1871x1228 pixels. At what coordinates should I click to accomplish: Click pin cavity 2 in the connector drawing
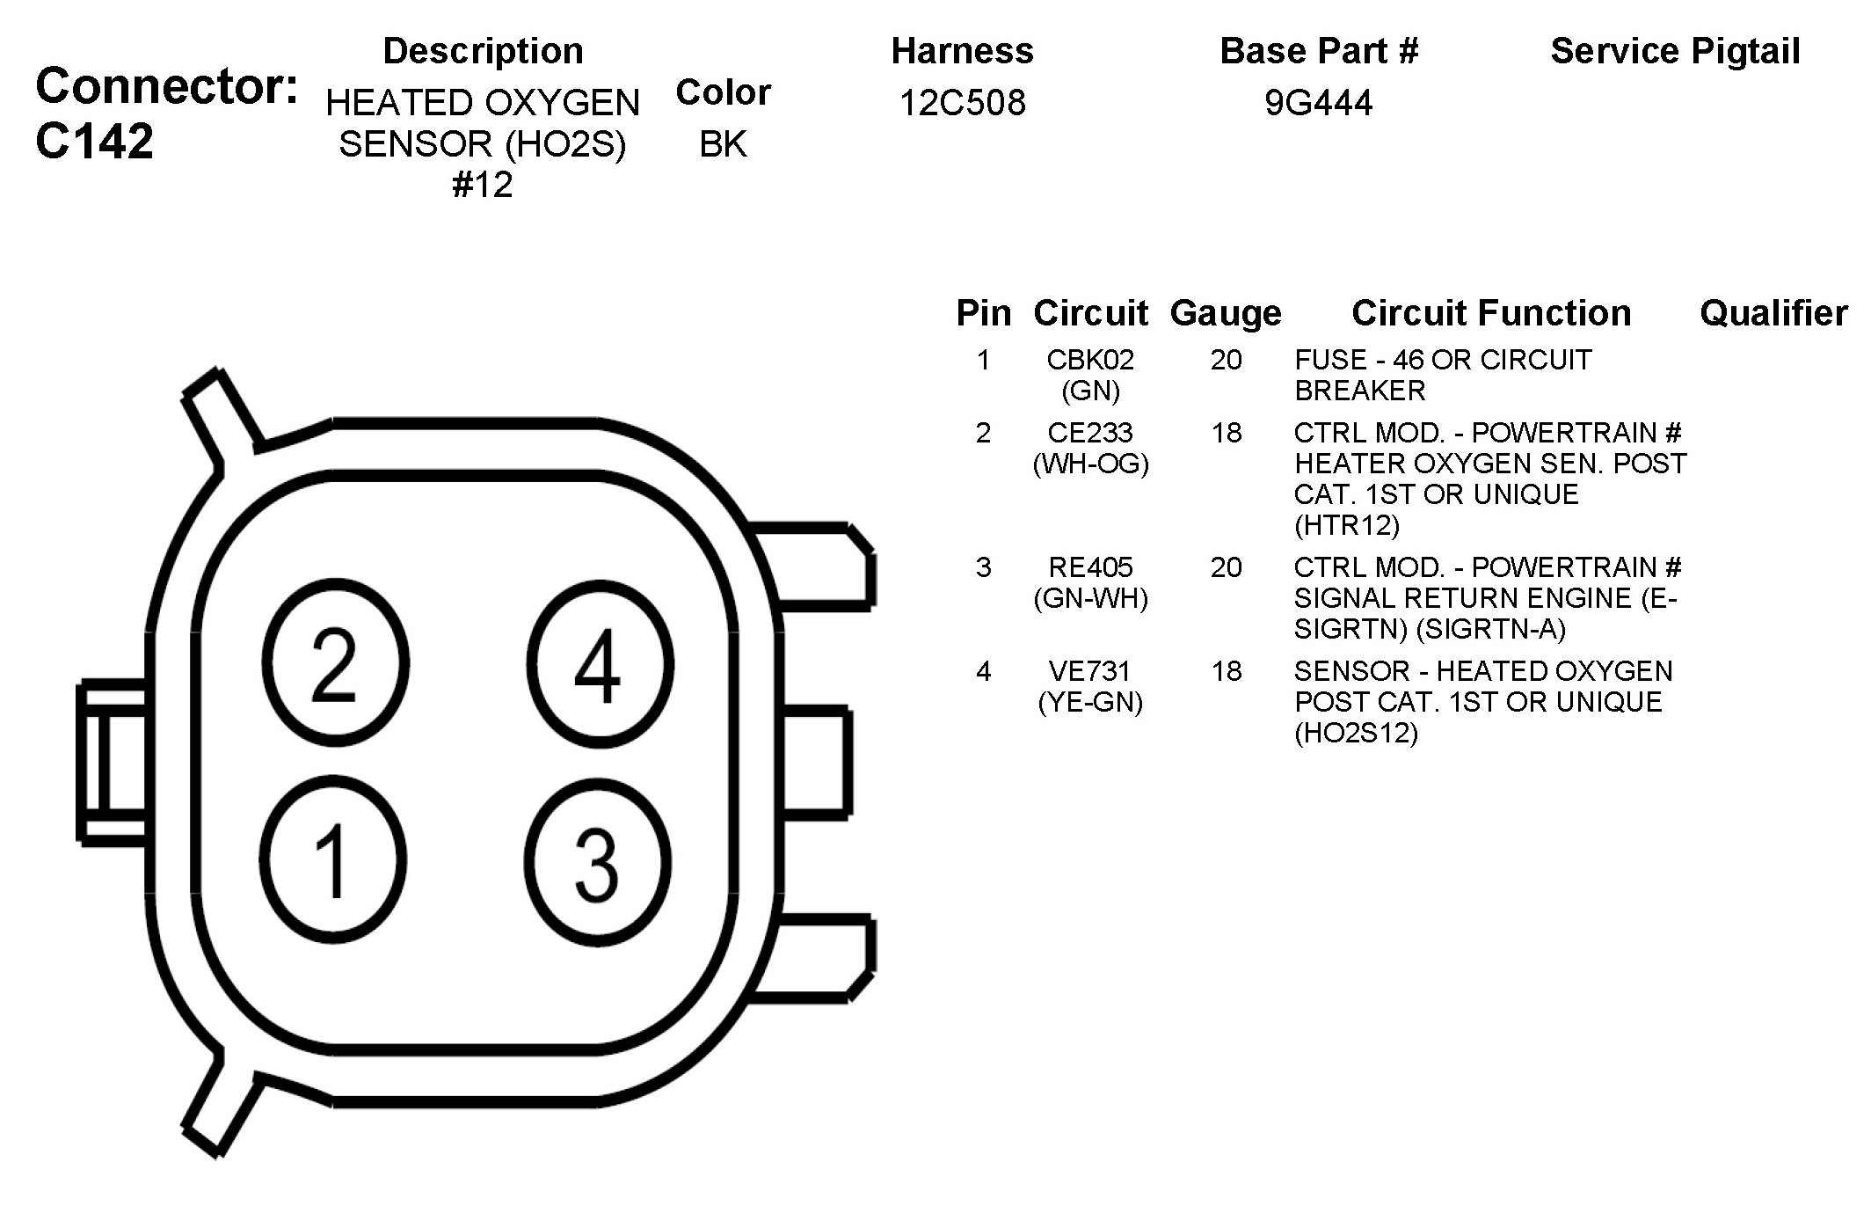335,663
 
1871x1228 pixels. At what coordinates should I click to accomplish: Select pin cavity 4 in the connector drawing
601,665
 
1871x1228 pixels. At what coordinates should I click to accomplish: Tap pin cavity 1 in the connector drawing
333,859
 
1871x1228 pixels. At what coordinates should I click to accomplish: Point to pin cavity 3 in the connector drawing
598,862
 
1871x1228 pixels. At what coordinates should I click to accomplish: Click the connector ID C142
95,141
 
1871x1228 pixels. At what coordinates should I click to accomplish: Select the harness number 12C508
963,103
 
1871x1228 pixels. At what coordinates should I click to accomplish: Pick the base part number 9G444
1319,103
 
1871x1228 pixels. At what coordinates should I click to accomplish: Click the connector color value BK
723,144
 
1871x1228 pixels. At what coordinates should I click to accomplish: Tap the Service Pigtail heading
1676,52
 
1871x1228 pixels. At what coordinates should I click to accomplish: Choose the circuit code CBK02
1090,360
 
